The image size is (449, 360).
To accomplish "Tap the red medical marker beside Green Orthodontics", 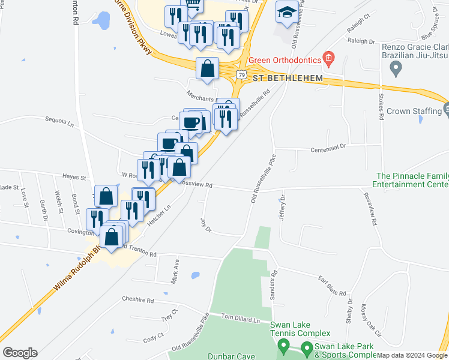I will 328,58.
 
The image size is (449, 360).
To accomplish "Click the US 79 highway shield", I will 241,74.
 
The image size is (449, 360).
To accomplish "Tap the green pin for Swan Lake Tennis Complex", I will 284,346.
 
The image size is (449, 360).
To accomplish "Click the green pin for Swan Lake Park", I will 307,347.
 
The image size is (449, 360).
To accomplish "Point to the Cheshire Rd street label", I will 138,299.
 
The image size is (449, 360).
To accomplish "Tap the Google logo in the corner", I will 20,352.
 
